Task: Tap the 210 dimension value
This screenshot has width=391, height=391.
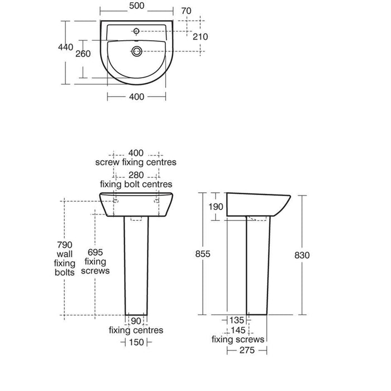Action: pyautogui.click(x=200, y=37)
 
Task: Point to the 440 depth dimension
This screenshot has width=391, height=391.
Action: pyautogui.click(x=66, y=47)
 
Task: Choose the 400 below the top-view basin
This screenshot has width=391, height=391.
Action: pyautogui.click(x=136, y=97)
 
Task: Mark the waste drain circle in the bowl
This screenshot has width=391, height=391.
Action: pyautogui.click(x=136, y=52)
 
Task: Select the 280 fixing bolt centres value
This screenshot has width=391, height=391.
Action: pyautogui.click(x=136, y=174)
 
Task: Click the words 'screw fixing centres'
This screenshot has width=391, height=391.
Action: pyautogui.click(x=136, y=163)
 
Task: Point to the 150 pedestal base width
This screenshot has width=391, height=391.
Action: pyautogui.click(x=136, y=342)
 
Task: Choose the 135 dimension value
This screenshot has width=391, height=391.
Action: pyautogui.click(x=237, y=320)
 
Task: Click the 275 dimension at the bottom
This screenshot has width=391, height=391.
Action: pyautogui.click(x=246, y=350)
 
